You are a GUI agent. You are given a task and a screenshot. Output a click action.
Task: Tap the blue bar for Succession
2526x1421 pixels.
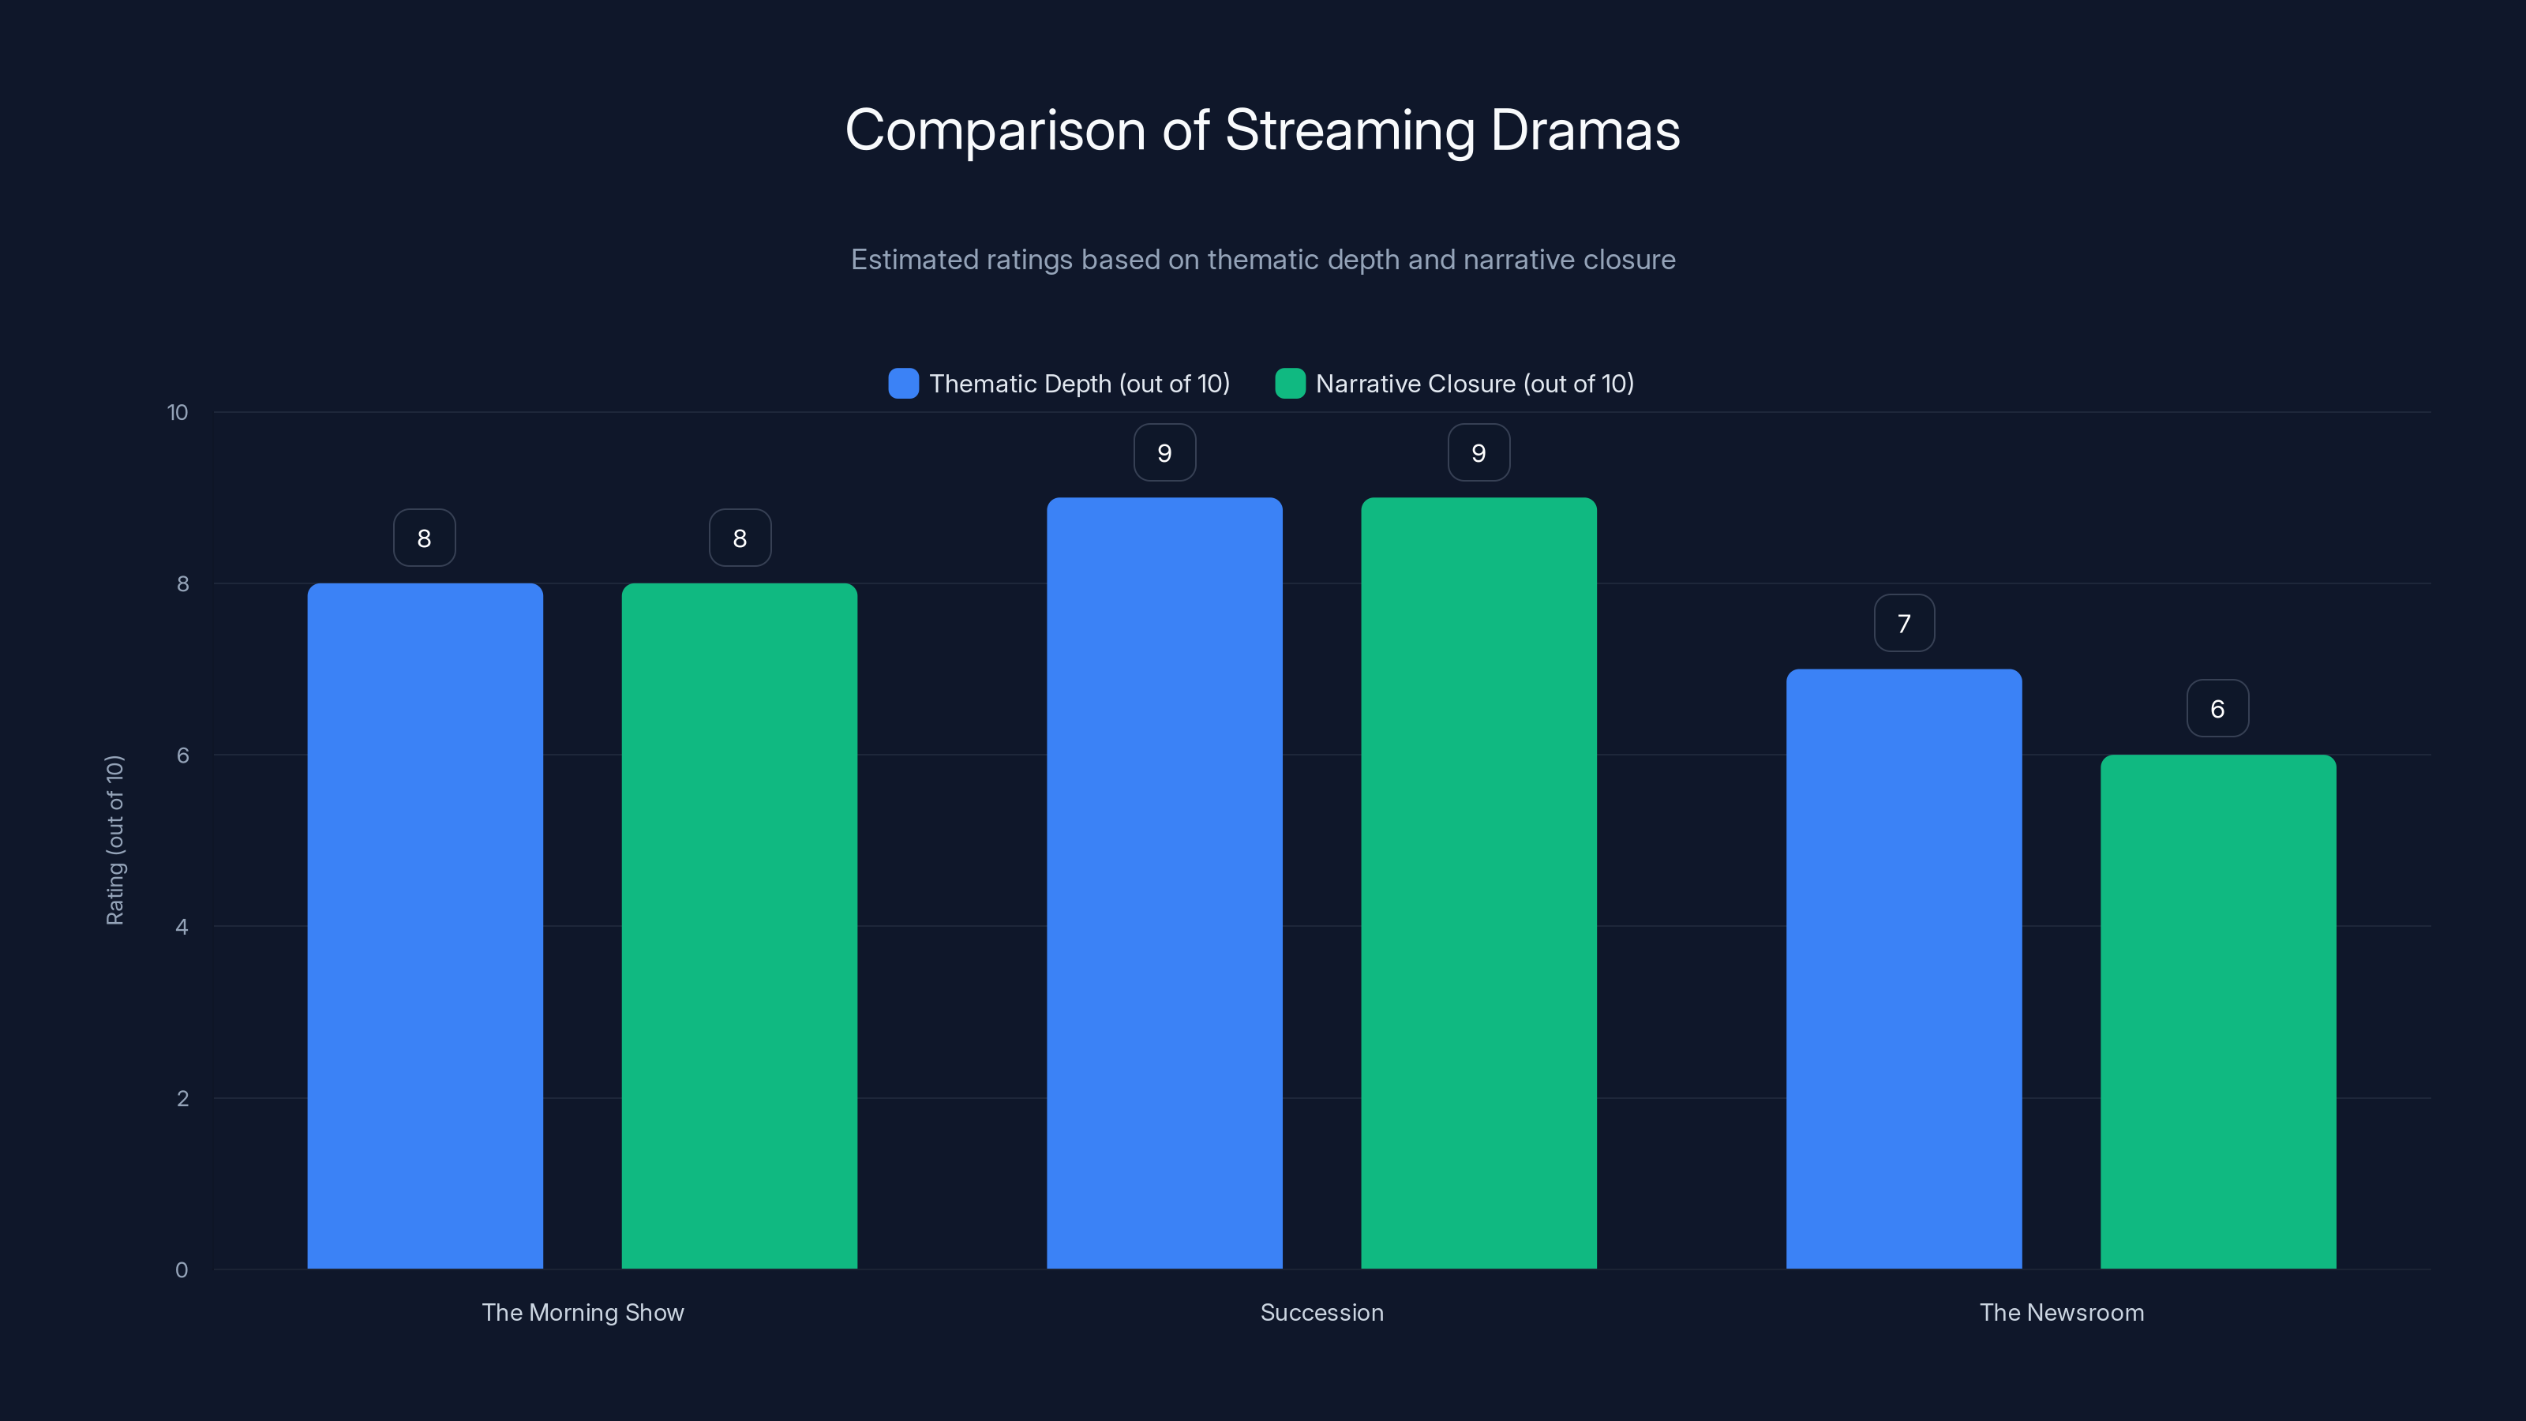pos(1164,883)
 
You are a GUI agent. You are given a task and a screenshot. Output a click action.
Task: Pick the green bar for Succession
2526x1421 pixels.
pos(1478,883)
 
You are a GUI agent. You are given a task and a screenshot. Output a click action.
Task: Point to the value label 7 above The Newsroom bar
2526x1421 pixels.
pos(1903,623)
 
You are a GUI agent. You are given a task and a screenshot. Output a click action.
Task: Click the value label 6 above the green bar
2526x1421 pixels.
pos(2217,708)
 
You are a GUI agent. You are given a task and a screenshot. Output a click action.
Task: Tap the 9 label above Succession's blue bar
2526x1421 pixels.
pos(1164,452)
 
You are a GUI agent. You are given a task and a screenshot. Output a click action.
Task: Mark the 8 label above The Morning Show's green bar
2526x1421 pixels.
pos(740,538)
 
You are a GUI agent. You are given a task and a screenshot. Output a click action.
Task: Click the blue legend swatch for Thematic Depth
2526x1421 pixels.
pos(903,384)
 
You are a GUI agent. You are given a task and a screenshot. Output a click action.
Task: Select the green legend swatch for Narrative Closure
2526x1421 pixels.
pos(1290,384)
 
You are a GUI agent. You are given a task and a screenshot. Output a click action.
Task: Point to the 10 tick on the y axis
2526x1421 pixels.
pos(178,412)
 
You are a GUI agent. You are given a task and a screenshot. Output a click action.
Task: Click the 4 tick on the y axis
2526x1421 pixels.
pos(182,927)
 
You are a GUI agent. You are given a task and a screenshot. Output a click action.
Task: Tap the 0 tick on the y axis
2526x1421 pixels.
pos(182,1270)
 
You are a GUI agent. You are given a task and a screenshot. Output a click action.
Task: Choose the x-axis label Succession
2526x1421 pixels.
pos(1321,1312)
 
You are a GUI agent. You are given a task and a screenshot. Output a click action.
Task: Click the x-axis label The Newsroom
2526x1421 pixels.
pos(2061,1312)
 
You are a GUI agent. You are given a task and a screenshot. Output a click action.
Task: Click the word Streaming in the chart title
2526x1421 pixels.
pos(1349,130)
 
